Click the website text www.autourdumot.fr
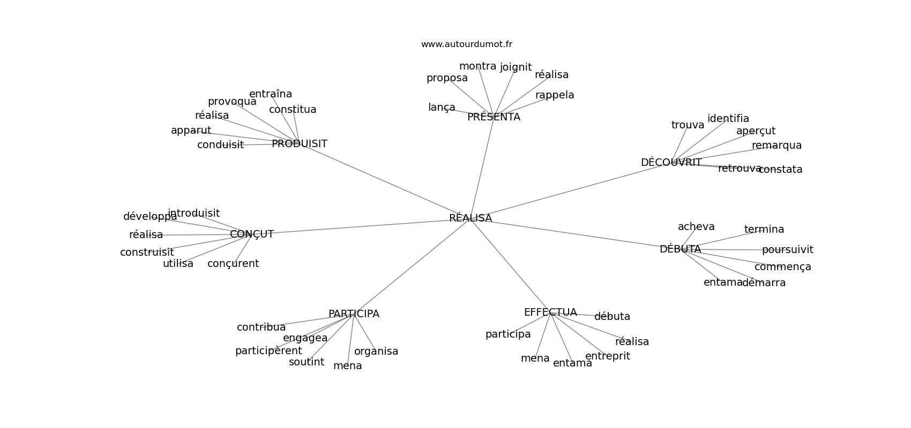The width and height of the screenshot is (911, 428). (x=466, y=44)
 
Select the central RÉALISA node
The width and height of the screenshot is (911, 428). (x=471, y=218)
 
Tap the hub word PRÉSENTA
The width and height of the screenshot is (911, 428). (x=494, y=117)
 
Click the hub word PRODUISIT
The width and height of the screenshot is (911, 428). (x=300, y=143)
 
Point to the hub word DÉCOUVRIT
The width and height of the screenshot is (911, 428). (x=671, y=162)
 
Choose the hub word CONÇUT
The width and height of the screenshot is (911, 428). (x=252, y=234)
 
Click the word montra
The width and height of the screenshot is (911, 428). (x=478, y=66)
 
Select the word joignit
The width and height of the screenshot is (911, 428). (x=516, y=67)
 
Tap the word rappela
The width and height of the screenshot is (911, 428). (x=555, y=95)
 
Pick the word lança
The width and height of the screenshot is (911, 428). (x=442, y=107)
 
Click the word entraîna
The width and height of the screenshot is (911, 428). (x=271, y=94)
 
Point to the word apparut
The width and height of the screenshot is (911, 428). (x=191, y=131)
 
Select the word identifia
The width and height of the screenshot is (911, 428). (x=728, y=118)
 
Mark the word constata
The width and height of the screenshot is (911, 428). (x=780, y=170)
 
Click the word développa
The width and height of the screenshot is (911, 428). (x=150, y=217)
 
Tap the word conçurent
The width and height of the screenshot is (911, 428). (x=233, y=264)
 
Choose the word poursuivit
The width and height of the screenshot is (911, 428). (x=788, y=250)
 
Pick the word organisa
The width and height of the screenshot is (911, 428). (x=376, y=351)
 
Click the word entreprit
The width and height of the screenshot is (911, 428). (x=608, y=356)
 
